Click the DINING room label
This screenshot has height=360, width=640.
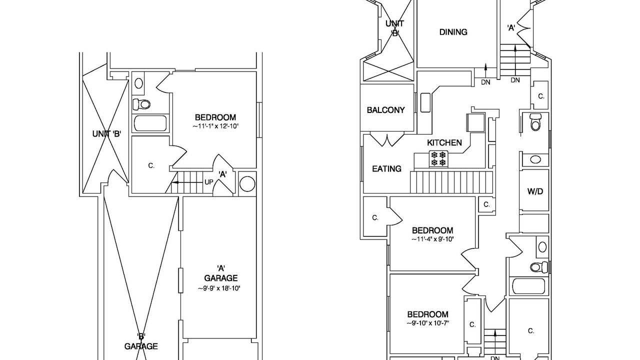coord(453,32)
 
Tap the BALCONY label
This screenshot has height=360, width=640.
coord(385,110)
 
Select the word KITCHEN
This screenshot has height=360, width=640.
coord(444,142)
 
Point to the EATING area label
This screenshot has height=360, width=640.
coord(386,169)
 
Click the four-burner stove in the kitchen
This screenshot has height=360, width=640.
coord(438,159)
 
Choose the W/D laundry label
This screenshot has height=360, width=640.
coord(535,191)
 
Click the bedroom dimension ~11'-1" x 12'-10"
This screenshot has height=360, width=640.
coord(215,126)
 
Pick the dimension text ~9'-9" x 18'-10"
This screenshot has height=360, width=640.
coord(219,288)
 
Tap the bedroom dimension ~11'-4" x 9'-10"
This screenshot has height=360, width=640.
coord(432,239)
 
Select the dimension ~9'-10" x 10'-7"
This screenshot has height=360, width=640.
coord(428,323)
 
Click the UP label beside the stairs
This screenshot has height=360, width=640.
coord(209,182)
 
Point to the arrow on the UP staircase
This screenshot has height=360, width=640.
coord(186,182)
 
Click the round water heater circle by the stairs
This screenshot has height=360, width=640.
coord(247,183)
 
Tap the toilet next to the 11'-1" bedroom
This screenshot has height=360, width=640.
coord(141,104)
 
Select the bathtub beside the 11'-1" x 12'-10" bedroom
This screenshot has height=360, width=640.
coord(150,123)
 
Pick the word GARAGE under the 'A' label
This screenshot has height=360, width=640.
coord(221,278)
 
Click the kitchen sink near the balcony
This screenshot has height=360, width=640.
coord(425,102)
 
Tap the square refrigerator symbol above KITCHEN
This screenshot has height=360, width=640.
coord(475,122)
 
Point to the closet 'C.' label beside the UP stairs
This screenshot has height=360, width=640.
coord(151,165)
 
